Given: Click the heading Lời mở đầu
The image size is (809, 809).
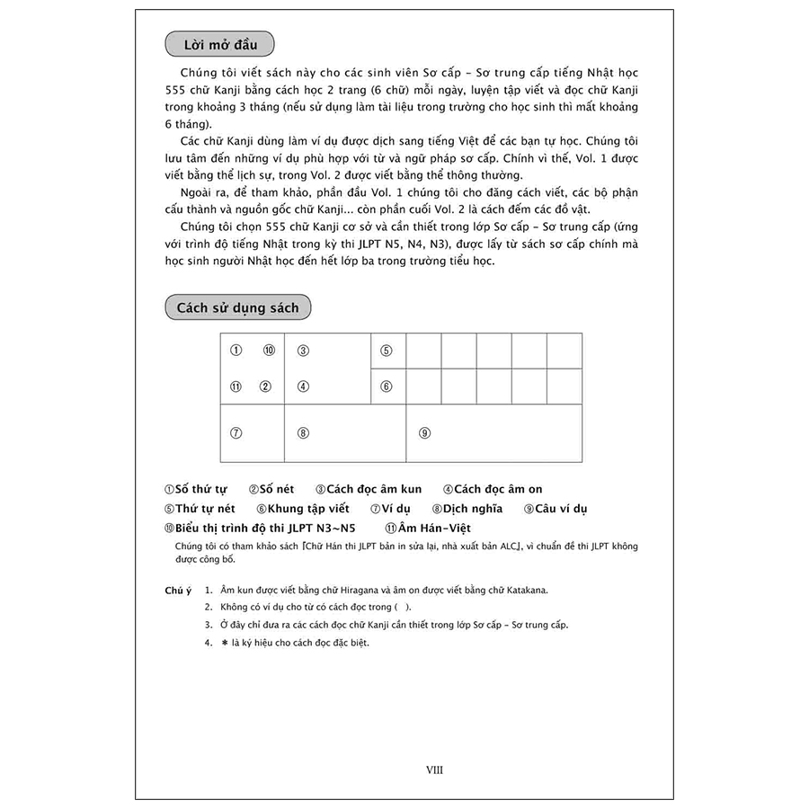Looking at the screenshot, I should coord(220,44).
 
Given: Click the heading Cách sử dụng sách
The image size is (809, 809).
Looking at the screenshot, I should coord(237,307).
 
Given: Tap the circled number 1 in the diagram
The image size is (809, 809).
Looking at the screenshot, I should coord(236,351).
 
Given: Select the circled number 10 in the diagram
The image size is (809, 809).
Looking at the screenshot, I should coord(268,351).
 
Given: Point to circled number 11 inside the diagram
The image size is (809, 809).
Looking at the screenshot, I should coord(236,387).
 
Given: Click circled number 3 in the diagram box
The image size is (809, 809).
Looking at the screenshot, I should coord(304,351).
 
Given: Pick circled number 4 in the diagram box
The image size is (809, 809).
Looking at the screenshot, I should coord(304,387).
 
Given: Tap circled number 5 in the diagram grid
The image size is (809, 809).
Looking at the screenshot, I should coord(387,351).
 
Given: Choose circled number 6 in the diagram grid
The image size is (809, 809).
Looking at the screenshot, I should coord(387,387).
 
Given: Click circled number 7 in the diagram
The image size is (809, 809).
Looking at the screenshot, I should coord(236,432).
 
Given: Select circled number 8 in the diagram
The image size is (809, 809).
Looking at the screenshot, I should coord(304,432).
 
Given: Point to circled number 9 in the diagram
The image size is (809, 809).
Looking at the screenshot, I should coord(424,432).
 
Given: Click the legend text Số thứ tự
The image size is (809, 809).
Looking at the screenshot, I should coord(200,489).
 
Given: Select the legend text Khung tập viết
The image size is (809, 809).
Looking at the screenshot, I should coord(308,509).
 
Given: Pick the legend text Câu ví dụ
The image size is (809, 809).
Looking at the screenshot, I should coord(561,509).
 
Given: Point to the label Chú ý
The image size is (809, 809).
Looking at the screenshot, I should coord(178,591).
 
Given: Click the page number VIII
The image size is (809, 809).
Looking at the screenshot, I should coord(434,769).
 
